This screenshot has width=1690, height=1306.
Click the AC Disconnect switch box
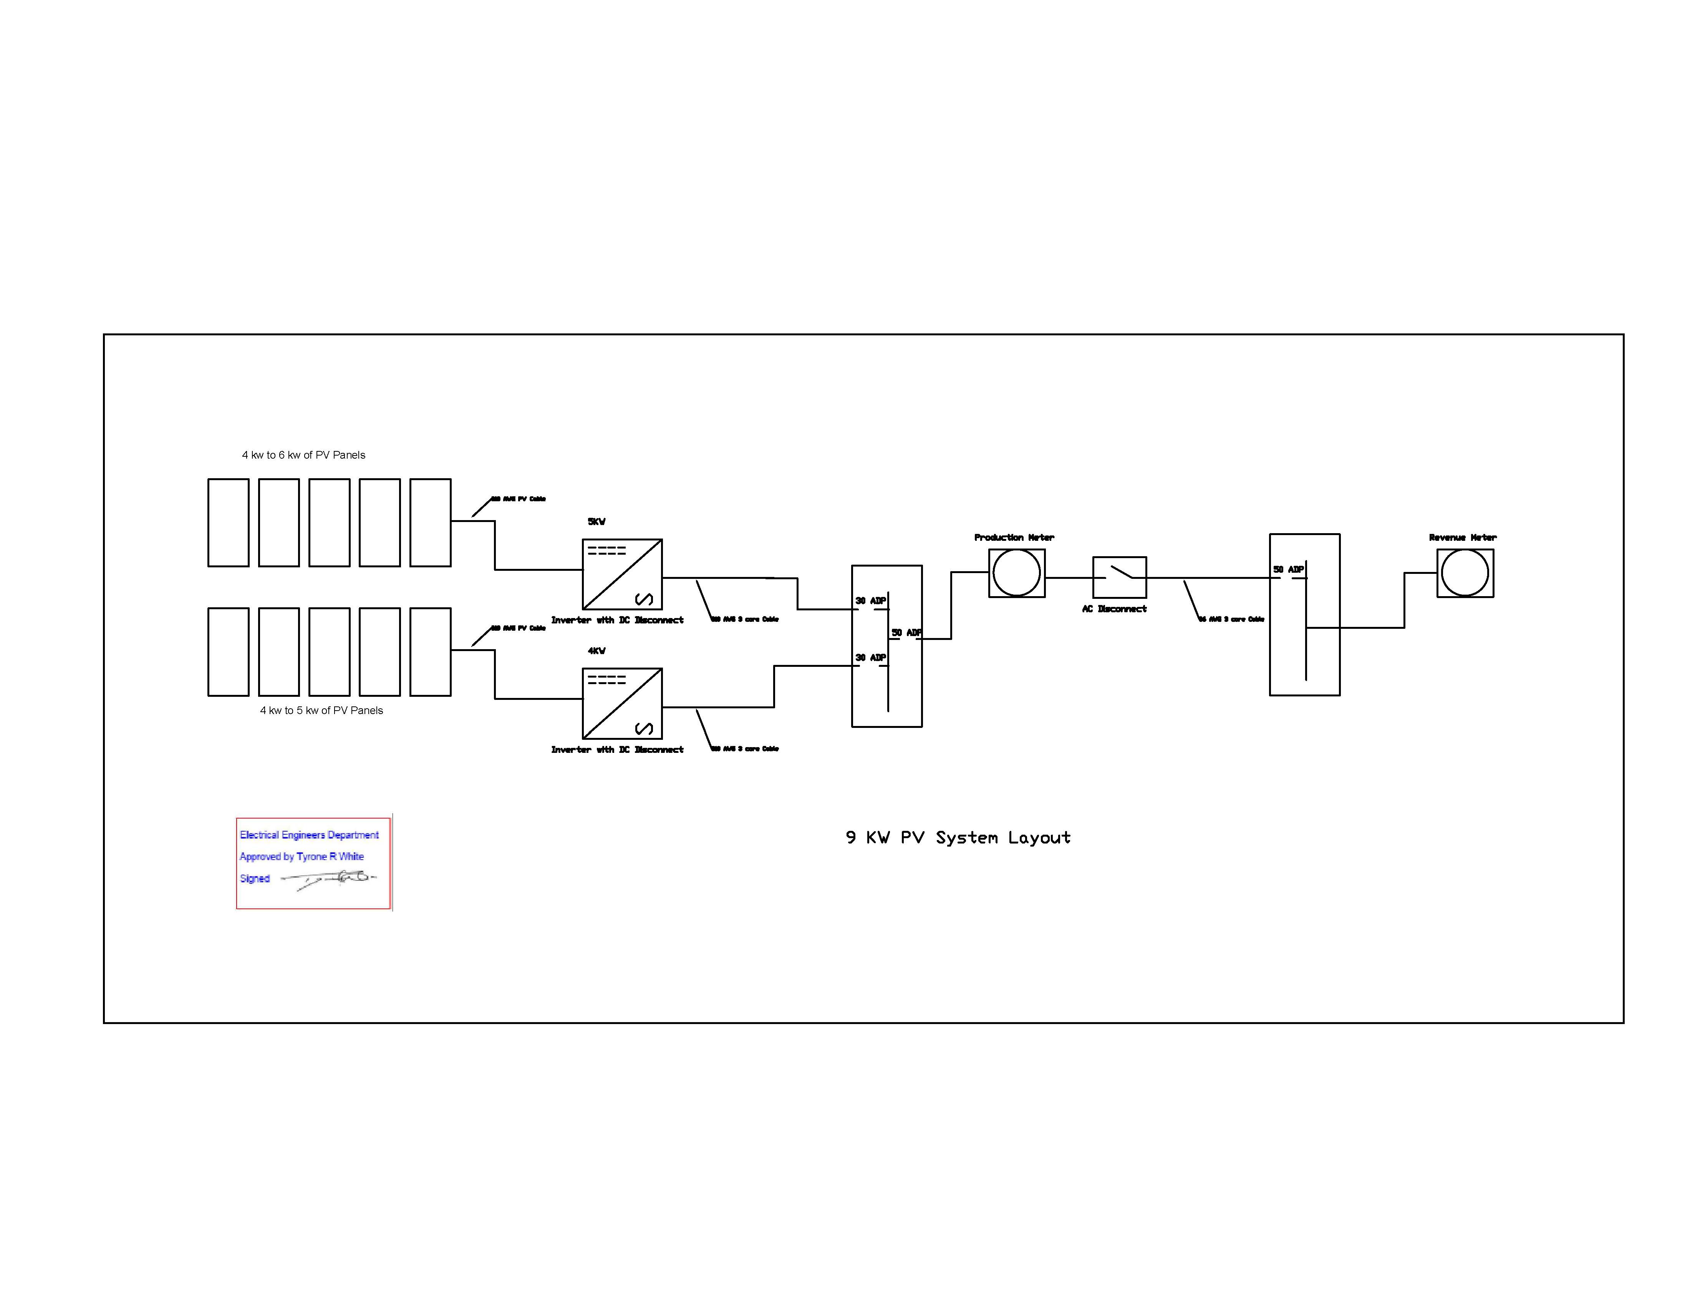click(1119, 577)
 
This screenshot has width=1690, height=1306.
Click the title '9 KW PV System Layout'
click(958, 837)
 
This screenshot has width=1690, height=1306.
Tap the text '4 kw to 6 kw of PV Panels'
click(303, 455)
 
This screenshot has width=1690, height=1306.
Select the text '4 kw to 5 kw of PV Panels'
click(321, 710)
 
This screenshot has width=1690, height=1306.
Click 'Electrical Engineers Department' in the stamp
click(309, 835)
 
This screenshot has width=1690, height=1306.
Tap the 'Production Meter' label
click(1014, 537)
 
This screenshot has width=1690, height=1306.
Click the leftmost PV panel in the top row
click(228, 522)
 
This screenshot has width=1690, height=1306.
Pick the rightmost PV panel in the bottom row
click(430, 651)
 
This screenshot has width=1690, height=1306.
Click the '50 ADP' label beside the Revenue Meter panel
click(1288, 569)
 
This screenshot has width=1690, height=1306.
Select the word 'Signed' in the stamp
click(255, 878)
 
